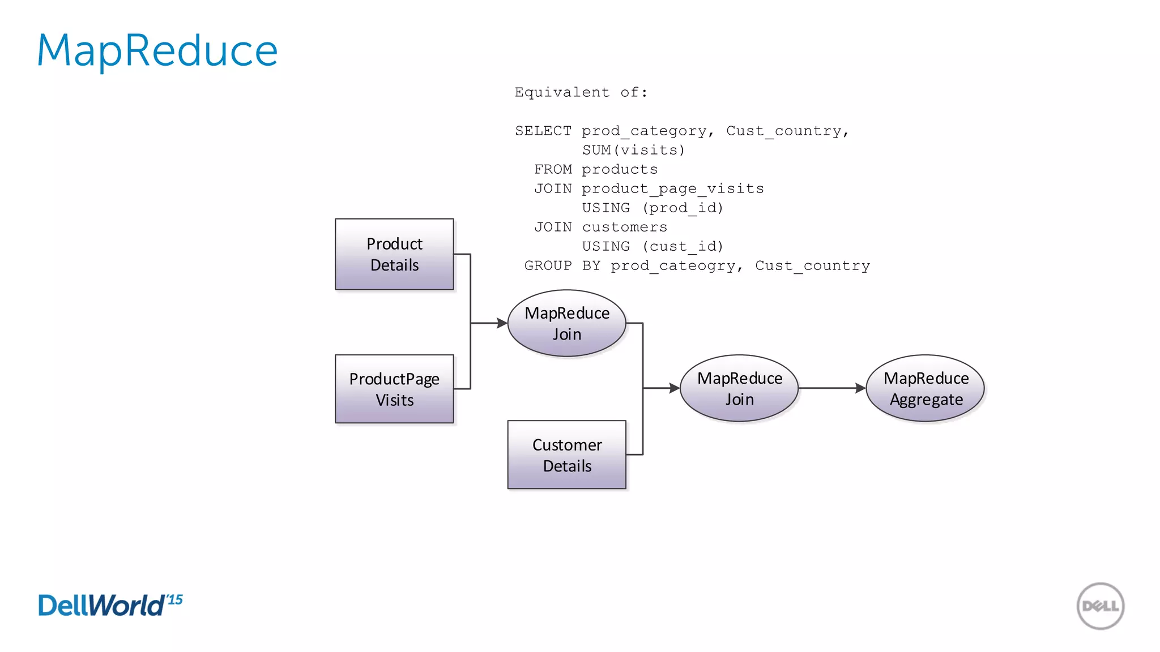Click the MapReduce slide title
(157, 51)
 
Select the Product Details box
(394, 255)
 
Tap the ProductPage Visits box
(394, 389)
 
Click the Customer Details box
(566, 454)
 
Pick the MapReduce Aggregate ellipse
(925, 388)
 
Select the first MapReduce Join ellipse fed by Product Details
(566, 323)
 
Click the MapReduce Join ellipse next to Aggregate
(739, 388)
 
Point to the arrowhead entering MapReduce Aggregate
(860, 388)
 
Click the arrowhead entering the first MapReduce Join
(501, 323)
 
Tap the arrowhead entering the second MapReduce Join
(673, 388)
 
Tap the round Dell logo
(1100, 606)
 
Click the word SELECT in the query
(543, 131)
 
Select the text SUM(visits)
(633, 151)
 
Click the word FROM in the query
(553, 170)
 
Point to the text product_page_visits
(672, 189)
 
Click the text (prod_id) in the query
(683, 208)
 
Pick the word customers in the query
(624, 228)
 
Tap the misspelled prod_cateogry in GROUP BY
(672, 266)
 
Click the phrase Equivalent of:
(581, 93)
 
